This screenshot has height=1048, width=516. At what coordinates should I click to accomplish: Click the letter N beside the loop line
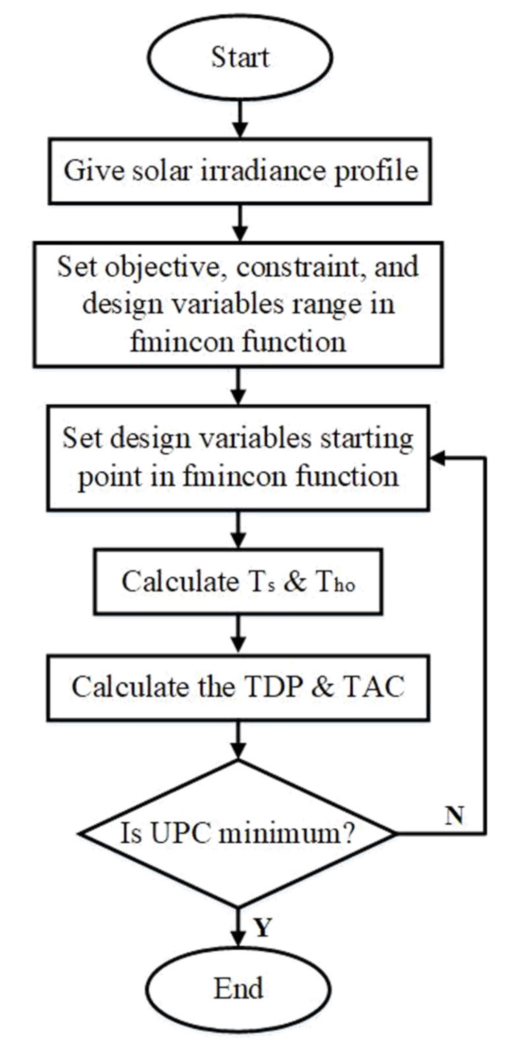[454, 815]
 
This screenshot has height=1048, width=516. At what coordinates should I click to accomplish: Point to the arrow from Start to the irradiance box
[240, 119]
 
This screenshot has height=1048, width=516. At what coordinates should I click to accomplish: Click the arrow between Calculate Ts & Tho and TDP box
[238, 635]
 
